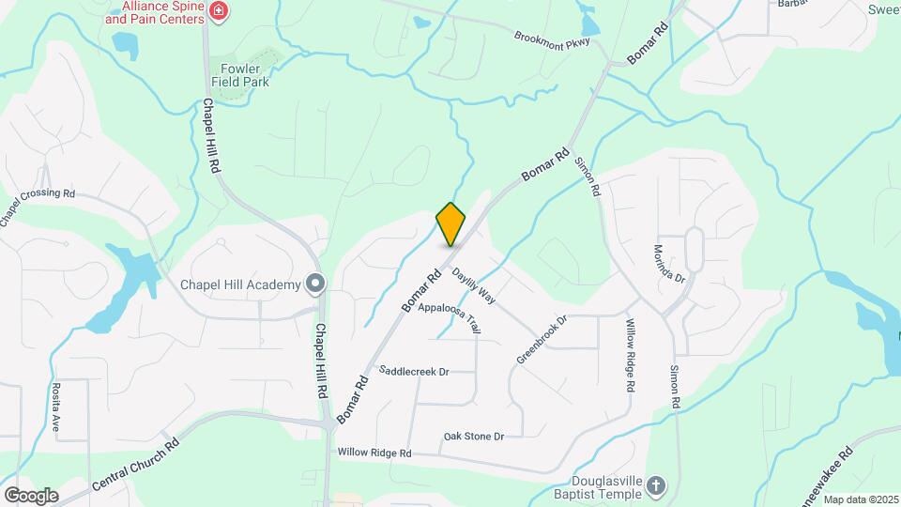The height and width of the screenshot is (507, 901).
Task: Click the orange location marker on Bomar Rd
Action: tap(450, 223)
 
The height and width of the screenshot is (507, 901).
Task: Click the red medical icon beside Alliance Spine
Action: tap(220, 11)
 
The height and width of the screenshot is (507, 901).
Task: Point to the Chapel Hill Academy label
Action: tap(240, 284)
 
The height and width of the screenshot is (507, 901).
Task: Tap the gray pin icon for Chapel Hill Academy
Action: tap(315, 284)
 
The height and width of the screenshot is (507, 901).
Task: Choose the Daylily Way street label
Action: tap(474, 285)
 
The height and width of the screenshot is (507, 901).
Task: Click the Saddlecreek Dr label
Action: tap(414, 371)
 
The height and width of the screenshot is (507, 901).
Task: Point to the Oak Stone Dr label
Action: tap(474, 437)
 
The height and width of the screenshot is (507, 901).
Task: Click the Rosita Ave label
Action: tap(56, 407)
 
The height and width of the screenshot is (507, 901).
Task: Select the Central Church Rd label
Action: tap(137, 467)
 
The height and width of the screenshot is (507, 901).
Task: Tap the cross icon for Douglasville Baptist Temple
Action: tap(656, 485)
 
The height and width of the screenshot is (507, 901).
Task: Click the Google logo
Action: tap(31, 495)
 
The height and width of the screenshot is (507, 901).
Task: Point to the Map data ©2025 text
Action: tap(862, 499)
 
